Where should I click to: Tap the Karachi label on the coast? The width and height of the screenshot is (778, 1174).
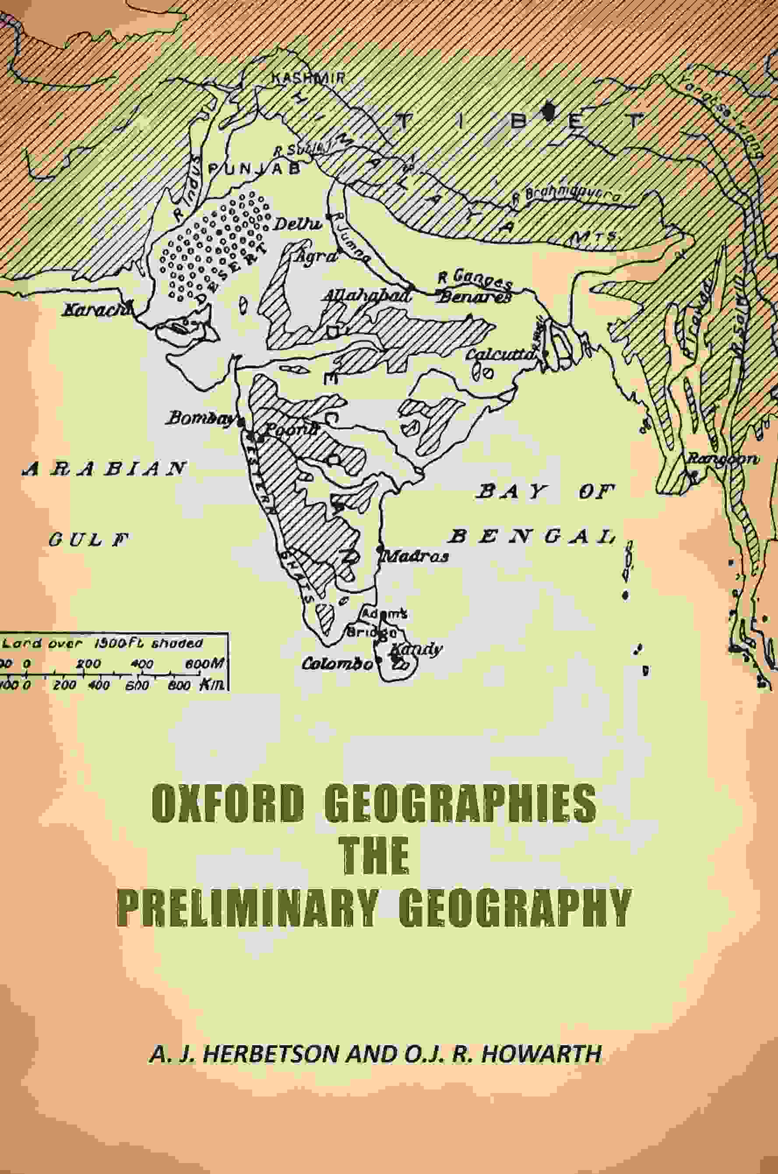[x=94, y=310]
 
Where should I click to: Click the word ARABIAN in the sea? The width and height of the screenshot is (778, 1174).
[x=104, y=469]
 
